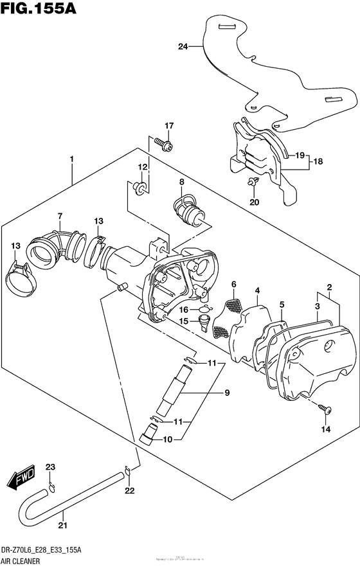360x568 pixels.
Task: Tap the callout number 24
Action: pos(183,46)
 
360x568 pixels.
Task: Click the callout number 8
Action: pos(182,182)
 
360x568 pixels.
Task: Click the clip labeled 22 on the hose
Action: pos(128,474)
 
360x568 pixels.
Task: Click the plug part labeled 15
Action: pos(205,319)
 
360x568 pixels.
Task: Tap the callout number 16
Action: pos(183,309)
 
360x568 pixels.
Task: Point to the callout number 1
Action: pos(72,158)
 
